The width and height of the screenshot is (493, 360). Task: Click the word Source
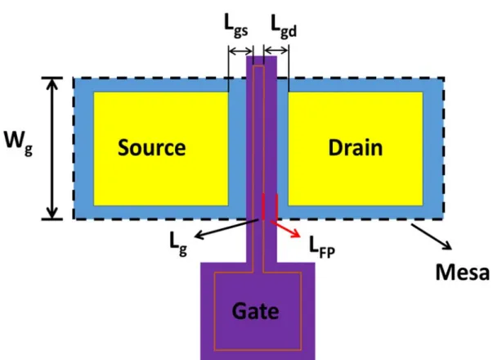pyautogui.click(x=151, y=147)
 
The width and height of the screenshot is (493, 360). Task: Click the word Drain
pyautogui.click(x=356, y=147)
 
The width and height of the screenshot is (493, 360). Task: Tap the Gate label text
pyautogui.click(x=255, y=311)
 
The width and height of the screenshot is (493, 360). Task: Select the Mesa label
pyautogui.click(x=463, y=272)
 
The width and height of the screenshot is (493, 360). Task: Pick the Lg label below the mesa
pyautogui.click(x=178, y=244)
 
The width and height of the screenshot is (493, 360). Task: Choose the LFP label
pyautogui.click(x=322, y=247)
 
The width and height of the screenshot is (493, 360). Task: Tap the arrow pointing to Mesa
pyautogui.click(x=432, y=236)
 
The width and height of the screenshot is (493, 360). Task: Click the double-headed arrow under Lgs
pyautogui.click(x=241, y=51)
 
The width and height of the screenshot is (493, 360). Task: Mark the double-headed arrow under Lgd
pyautogui.click(x=276, y=51)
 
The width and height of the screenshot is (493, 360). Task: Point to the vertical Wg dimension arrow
pyautogui.click(x=52, y=148)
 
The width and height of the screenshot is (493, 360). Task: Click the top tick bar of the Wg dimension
pyautogui.click(x=52, y=78)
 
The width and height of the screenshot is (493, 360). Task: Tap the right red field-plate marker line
pyautogui.click(x=276, y=207)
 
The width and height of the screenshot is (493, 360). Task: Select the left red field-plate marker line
pyautogui.click(x=263, y=207)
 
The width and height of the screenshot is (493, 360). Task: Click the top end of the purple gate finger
pyautogui.click(x=262, y=56)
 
